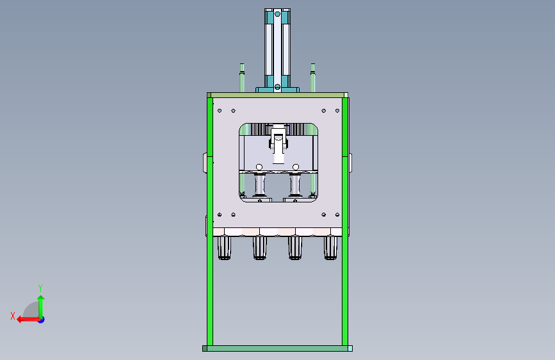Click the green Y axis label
click(x=40, y=288)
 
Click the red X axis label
click(x=13, y=316)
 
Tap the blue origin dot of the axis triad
click(x=42, y=320)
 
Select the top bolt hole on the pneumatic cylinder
click(x=278, y=14)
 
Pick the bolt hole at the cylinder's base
click(x=278, y=87)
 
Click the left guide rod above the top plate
click(x=242, y=78)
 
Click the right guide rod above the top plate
click(x=313, y=78)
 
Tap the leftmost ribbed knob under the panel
click(x=224, y=248)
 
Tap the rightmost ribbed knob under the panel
click(x=330, y=248)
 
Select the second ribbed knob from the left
click(x=260, y=248)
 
